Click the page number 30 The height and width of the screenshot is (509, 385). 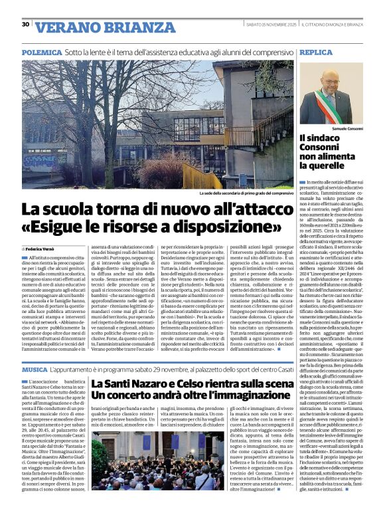(25, 25)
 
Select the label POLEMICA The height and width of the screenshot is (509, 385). (42, 51)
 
